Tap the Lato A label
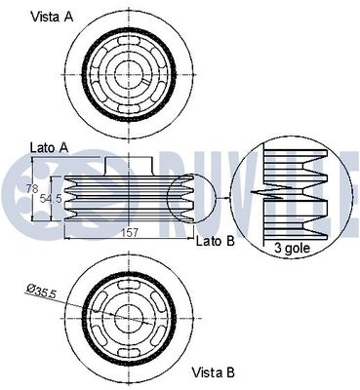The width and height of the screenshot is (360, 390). [x=49, y=148]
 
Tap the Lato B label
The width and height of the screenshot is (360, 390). [x=215, y=241]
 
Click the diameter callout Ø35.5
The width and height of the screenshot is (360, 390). [x=41, y=290]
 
